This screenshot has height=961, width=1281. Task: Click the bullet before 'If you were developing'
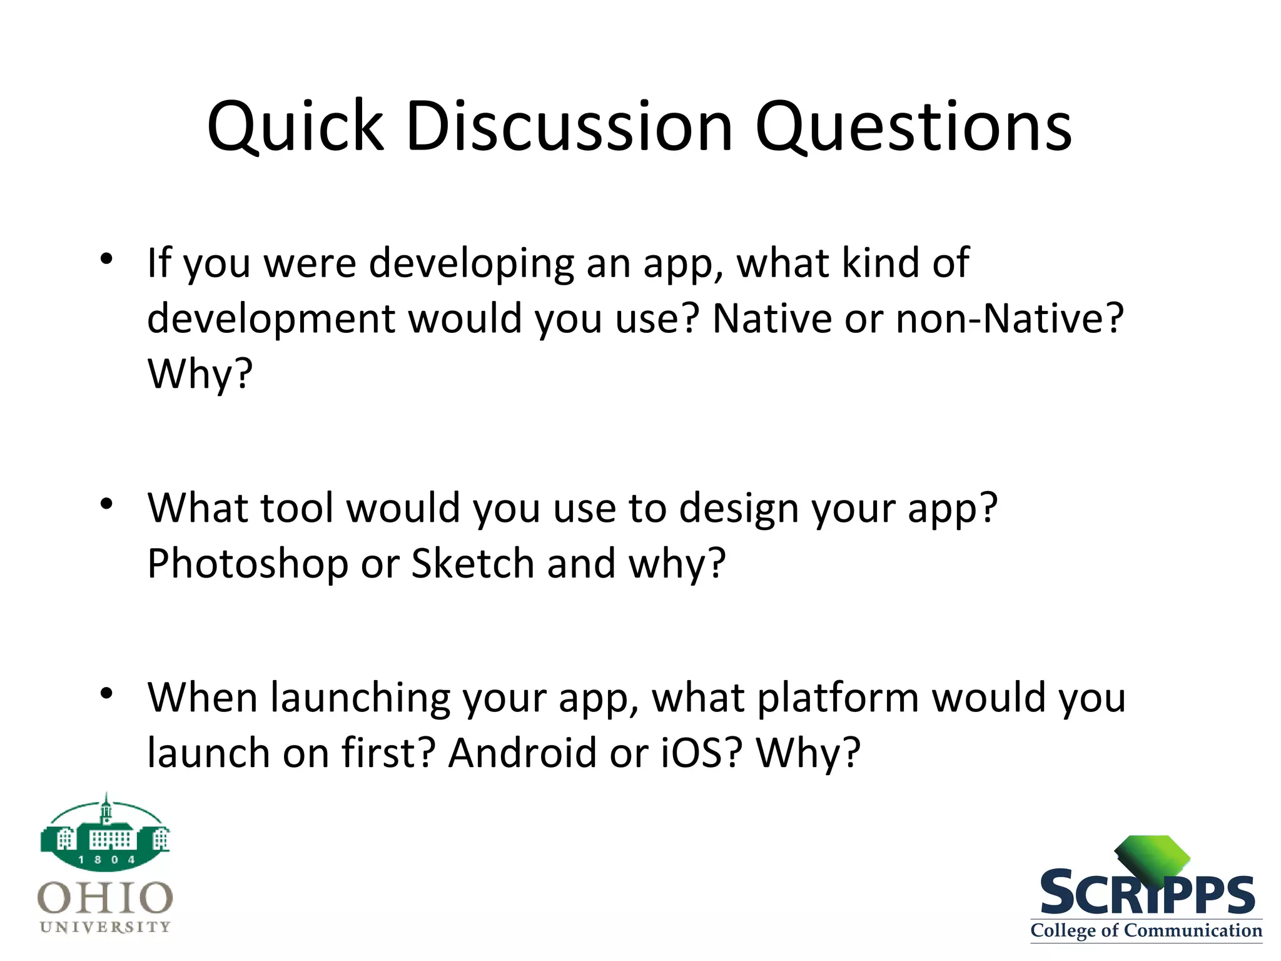coord(106,258)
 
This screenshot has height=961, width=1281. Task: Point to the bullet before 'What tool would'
coord(106,503)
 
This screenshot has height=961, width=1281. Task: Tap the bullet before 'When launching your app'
coord(106,693)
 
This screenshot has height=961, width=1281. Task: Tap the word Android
coord(522,753)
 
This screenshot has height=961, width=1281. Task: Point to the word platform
coord(838,698)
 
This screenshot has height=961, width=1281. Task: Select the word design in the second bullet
coord(739,508)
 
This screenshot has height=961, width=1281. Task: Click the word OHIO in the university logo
coord(105,898)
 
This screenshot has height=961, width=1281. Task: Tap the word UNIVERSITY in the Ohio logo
coord(105,927)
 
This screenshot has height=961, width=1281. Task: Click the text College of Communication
coord(1146,930)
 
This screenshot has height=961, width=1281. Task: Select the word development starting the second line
coord(271,319)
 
